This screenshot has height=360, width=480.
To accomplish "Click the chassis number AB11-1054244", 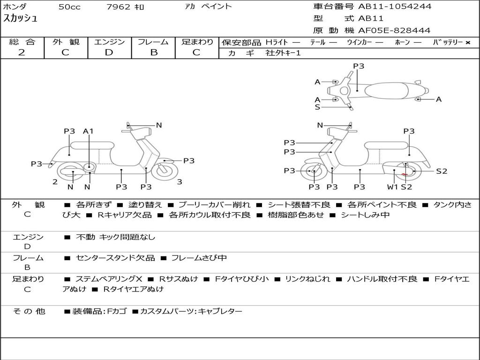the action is [395, 7].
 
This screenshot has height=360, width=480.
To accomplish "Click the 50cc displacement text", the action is [69, 7].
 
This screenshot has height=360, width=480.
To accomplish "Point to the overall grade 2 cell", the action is [22, 52].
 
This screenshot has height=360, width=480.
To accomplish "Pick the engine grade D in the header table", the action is [109, 52].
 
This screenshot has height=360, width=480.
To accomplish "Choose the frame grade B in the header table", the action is [154, 52].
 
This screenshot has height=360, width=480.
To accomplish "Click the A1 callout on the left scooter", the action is [88, 131].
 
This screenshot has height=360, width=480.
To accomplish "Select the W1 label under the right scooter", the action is [392, 187].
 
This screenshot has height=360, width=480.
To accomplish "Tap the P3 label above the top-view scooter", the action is [359, 66].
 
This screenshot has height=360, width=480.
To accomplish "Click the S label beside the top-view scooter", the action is [317, 107].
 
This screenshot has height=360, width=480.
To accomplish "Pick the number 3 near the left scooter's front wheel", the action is [180, 182].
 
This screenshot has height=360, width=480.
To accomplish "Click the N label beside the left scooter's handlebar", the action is [159, 125].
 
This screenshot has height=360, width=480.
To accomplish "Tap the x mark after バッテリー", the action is [467, 43].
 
